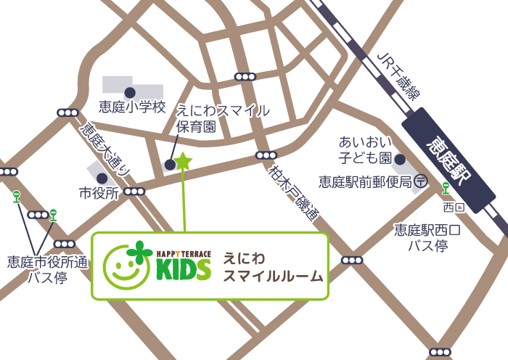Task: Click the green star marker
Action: [x=182, y=160]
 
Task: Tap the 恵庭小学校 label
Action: [x=133, y=107]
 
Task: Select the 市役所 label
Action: [x=99, y=193]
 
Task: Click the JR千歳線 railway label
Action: [x=399, y=76]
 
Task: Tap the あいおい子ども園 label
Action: [x=365, y=149]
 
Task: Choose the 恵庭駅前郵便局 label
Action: [x=364, y=181]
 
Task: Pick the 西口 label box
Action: [x=453, y=208]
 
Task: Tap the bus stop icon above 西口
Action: [x=446, y=188]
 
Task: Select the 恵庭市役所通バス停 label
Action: [x=47, y=269]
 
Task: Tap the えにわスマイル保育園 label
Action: [x=224, y=118]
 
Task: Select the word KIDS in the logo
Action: [x=183, y=269]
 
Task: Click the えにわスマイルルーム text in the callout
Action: [x=273, y=266]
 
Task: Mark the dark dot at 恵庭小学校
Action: [x=130, y=92]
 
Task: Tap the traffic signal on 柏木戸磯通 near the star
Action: [x=266, y=155]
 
